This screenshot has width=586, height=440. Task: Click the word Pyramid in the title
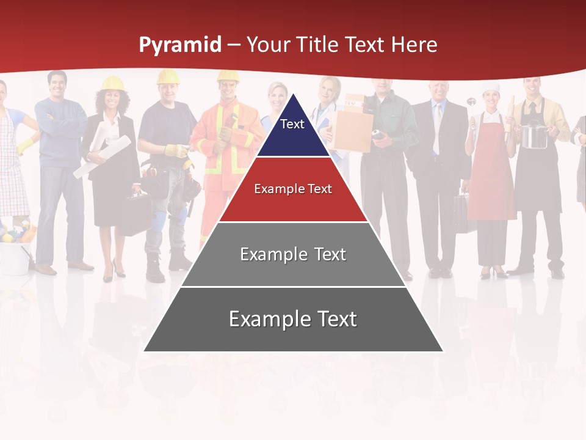pyautogui.click(x=180, y=45)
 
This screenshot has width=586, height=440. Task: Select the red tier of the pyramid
pyautogui.click(x=293, y=189)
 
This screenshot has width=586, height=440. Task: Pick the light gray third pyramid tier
pyautogui.click(x=293, y=254)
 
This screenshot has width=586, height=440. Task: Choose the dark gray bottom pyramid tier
pyautogui.click(x=293, y=320)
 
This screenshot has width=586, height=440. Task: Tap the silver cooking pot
pyautogui.click(x=535, y=136)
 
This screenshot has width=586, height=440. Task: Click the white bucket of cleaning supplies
pyautogui.click(x=15, y=257)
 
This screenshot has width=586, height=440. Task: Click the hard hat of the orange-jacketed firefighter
pyautogui.click(x=228, y=76)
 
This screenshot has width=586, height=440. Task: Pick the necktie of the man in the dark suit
pyautogui.click(x=438, y=128)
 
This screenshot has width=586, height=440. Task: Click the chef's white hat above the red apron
pyautogui.click(x=491, y=88)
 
